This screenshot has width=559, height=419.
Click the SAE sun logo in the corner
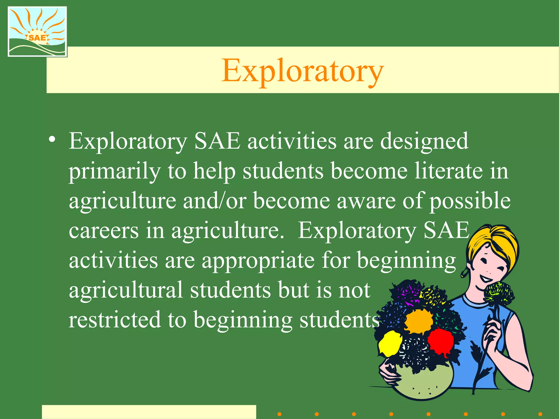click(37, 31)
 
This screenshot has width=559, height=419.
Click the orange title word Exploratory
click(302, 71)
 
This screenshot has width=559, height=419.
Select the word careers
click(104, 231)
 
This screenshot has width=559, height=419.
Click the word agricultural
click(126, 290)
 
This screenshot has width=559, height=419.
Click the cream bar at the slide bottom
click(149, 412)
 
